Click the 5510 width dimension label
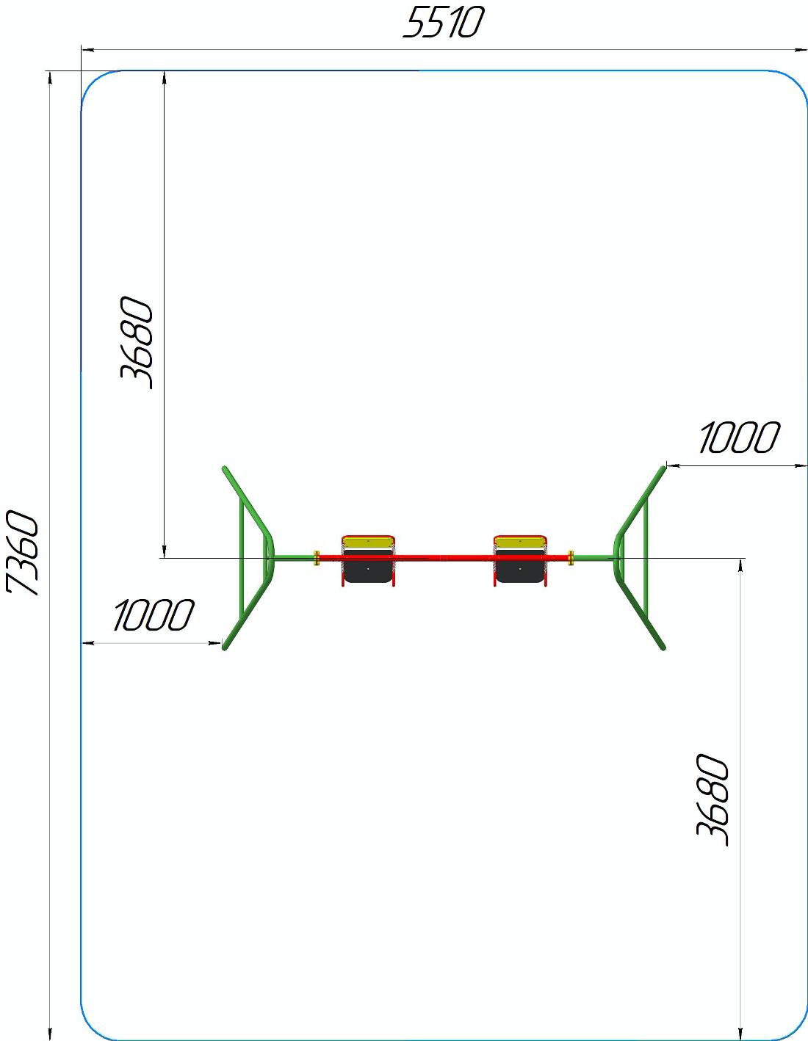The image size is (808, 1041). [443, 23]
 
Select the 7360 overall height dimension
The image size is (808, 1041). [22, 553]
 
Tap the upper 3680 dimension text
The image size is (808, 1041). [137, 343]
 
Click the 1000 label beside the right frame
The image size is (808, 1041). [739, 437]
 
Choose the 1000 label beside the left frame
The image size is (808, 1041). [154, 614]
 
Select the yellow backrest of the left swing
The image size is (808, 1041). [368, 543]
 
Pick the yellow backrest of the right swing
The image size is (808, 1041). [521, 543]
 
